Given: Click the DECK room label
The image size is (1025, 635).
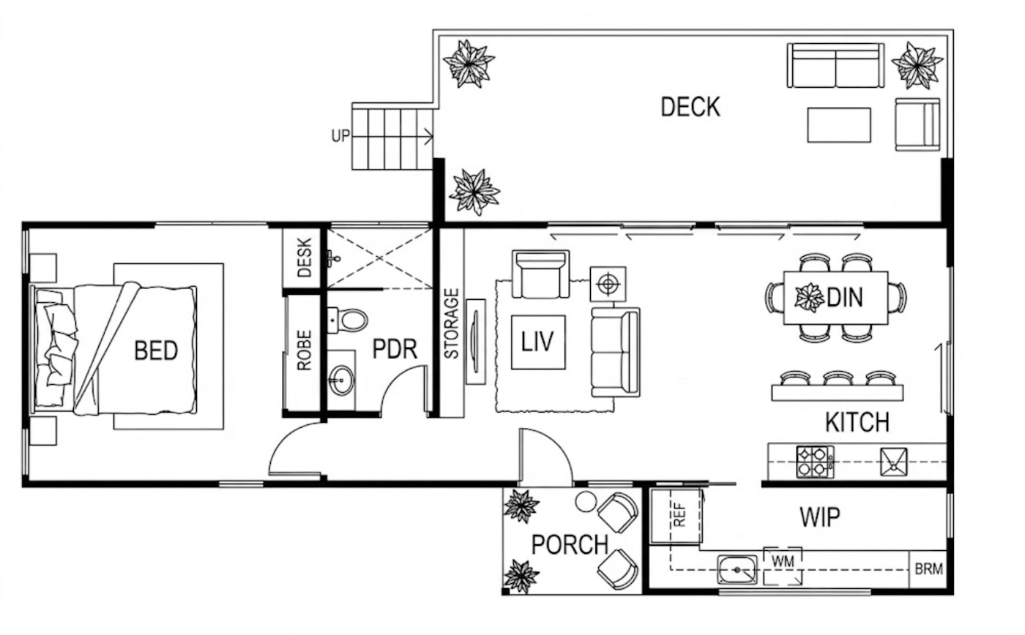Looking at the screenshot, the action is click(x=690, y=107).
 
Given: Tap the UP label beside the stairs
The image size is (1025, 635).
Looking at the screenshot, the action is click(x=340, y=136).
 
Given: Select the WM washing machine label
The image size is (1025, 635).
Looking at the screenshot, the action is click(x=783, y=561).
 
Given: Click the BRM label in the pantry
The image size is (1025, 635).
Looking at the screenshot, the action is click(x=928, y=569).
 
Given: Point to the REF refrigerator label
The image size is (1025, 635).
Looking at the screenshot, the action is click(x=680, y=515).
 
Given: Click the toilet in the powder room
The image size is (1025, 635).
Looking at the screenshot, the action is click(x=348, y=320).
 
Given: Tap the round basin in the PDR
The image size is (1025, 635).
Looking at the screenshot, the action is click(x=341, y=380).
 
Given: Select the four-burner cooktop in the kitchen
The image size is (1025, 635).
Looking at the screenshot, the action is click(x=815, y=462).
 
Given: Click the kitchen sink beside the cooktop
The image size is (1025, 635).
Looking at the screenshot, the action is click(x=894, y=462).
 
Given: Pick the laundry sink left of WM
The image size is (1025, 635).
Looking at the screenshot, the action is click(x=737, y=570).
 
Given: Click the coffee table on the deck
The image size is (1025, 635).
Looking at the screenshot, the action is click(x=839, y=125).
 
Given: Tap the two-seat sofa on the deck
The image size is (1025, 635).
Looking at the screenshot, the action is click(x=835, y=65).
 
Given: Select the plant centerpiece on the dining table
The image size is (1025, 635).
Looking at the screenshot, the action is click(x=810, y=297).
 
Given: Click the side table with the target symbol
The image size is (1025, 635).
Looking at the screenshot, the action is click(x=608, y=285).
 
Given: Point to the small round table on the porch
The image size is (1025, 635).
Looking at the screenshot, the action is click(x=586, y=502).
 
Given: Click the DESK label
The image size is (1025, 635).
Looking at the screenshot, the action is click(x=305, y=258).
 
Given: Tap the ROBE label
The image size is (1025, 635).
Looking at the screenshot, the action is click(x=305, y=350).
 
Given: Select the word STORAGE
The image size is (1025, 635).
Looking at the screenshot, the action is click(x=451, y=323).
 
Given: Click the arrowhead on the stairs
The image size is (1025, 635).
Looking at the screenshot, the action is click(x=429, y=136).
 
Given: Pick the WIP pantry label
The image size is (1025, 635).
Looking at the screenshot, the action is click(x=819, y=517).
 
